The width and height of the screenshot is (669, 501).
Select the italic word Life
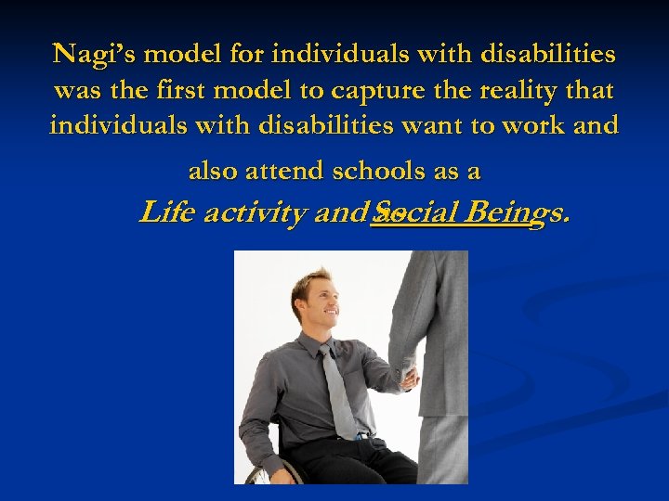166,213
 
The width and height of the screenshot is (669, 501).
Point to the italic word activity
256,214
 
